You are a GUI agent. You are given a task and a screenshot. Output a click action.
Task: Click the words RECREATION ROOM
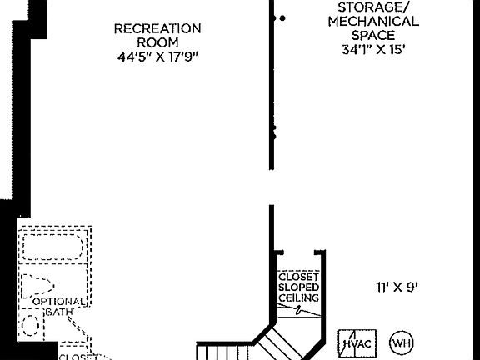click(157, 35)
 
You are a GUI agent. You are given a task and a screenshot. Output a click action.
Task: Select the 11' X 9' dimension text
click(396, 287)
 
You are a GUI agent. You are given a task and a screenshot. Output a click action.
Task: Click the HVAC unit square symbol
click(357, 342)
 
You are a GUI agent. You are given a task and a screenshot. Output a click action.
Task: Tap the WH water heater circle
click(402, 342)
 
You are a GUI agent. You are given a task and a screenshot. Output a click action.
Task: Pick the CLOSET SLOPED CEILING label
click(298, 287)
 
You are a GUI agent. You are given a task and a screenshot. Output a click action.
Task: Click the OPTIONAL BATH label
click(58, 306)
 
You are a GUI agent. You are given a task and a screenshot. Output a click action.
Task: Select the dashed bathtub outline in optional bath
click(52, 248)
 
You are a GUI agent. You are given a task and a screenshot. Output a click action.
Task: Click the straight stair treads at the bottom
click(225, 350)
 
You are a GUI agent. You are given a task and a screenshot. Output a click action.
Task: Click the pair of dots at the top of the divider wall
click(279, 17)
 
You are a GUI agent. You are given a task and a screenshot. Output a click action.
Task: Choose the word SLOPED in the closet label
click(298, 287)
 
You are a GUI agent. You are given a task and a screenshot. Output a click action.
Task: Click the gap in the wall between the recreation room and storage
click(271, 187)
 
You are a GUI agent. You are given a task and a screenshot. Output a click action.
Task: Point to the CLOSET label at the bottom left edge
click(77, 356)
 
